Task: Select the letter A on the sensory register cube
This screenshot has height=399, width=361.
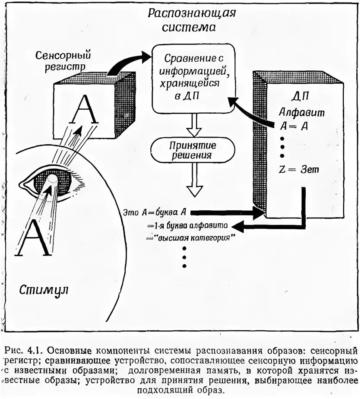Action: [85, 109]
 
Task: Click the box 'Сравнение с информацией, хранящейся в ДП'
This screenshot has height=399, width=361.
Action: [191, 78]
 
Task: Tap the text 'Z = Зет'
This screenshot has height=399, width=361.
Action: [299, 170]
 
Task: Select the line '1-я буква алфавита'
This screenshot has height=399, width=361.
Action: [189, 225]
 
